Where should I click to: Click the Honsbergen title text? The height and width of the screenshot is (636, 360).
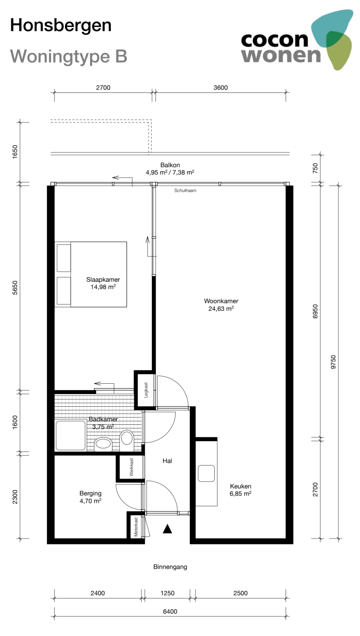pyautogui.click(x=60, y=25)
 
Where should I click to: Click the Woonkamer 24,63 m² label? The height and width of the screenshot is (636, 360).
pyautogui.click(x=221, y=305)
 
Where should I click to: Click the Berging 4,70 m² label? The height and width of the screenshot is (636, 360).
pyautogui.click(x=90, y=497)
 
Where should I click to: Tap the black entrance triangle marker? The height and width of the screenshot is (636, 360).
pyautogui.click(x=167, y=529)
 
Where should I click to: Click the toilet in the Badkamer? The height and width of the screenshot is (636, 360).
pyautogui.click(x=127, y=439)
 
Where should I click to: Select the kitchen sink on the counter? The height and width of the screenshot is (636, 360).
pyautogui.click(x=206, y=473)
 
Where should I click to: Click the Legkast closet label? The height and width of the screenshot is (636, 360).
pyautogui.click(x=146, y=390)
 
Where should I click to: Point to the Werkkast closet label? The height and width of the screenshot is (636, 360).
pyautogui.click(x=131, y=467)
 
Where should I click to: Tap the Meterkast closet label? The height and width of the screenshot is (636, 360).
pyautogui.click(x=136, y=527)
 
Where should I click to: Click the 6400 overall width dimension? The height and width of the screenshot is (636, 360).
pyautogui.click(x=170, y=612)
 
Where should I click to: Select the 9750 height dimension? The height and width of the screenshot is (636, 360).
pyautogui.click(x=333, y=362)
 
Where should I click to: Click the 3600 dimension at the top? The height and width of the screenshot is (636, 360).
pyautogui.click(x=220, y=87)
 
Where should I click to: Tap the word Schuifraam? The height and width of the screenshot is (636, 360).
pyautogui.click(x=185, y=191)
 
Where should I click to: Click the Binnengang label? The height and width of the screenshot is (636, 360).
pyautogui.click(x=170, y=567)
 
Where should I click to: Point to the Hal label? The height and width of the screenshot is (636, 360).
pyautogui.click(x=167, y=461)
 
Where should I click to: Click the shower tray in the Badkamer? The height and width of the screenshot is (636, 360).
pyautogui.click(x=71, y=436)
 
